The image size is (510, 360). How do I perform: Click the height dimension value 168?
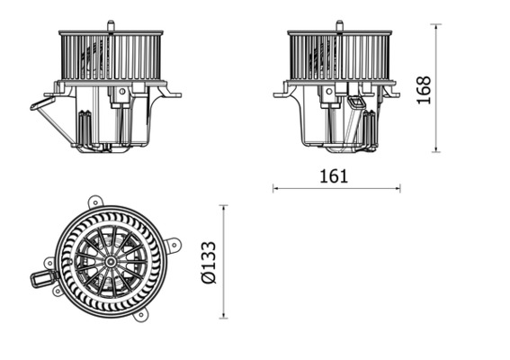coord(425,90)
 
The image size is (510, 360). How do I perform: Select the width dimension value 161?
coord(334,176)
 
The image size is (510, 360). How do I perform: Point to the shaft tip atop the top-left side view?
coord(109,22)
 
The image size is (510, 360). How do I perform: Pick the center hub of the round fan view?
coord(110,262)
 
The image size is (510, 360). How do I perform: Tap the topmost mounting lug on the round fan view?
coord(95,202)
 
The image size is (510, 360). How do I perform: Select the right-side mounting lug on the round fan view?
coord(174,244)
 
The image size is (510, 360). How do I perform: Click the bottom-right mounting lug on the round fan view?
coord(141,314)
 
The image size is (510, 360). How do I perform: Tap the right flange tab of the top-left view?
coord(173,94)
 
